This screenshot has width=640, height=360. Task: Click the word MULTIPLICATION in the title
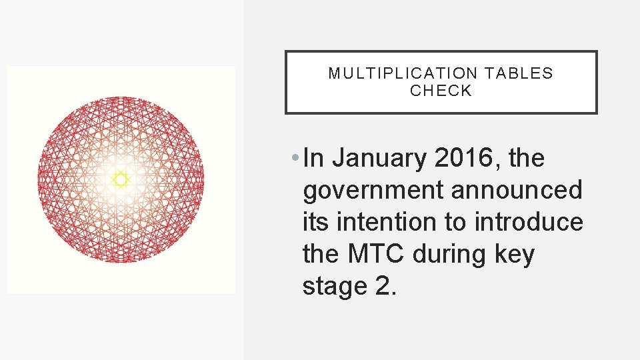tap(403, 73)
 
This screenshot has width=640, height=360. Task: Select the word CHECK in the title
tap(441, 91)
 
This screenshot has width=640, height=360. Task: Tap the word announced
tap(517, 191)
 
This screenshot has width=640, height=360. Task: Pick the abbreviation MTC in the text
tap(375, 254)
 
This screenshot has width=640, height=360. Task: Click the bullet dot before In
tap(295, 159)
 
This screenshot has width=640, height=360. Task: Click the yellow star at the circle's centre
tap(120, 179)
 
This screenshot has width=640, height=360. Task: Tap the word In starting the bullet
tap(313, 159)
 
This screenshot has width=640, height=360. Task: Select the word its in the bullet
tap(315, 222)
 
